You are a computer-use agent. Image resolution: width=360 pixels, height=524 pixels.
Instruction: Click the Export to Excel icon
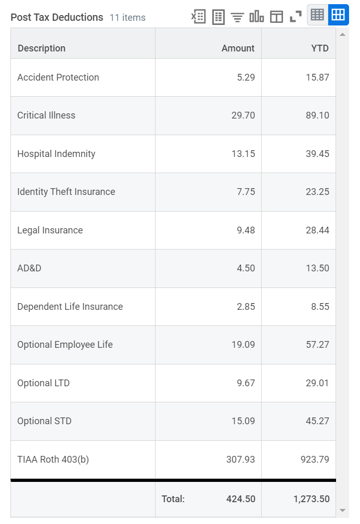point(198,17)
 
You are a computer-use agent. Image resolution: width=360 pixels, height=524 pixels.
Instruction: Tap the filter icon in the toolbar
point(237,17)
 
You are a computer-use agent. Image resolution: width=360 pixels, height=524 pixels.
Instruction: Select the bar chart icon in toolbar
point(256,17)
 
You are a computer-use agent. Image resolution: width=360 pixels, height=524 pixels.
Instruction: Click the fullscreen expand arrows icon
point(295,17)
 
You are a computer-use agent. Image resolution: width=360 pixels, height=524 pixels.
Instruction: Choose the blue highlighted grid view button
point(338,15)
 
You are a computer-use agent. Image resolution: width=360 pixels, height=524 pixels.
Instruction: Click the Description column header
point(42,48)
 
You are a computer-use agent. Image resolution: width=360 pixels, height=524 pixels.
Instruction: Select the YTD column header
point(320,48)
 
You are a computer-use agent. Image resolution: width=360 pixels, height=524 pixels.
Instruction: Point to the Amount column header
point(238,48)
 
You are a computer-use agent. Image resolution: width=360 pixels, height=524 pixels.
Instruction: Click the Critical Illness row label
point(46,115)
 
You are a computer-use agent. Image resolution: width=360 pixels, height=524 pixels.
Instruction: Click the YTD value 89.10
point(317,115)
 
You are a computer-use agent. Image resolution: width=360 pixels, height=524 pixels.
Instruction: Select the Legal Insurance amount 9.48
point(246,230)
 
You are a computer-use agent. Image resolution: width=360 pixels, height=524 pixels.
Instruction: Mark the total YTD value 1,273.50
point(311,499)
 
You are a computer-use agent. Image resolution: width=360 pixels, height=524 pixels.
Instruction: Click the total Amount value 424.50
point(241,499)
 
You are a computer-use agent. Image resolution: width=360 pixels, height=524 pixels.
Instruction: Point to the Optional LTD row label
point(43,383)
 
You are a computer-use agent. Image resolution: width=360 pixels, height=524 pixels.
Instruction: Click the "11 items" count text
point(127,18)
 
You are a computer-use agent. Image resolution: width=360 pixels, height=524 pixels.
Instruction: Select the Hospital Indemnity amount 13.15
point(243,154)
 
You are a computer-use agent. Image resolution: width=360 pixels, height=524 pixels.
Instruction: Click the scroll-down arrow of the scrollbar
point(342,510)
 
